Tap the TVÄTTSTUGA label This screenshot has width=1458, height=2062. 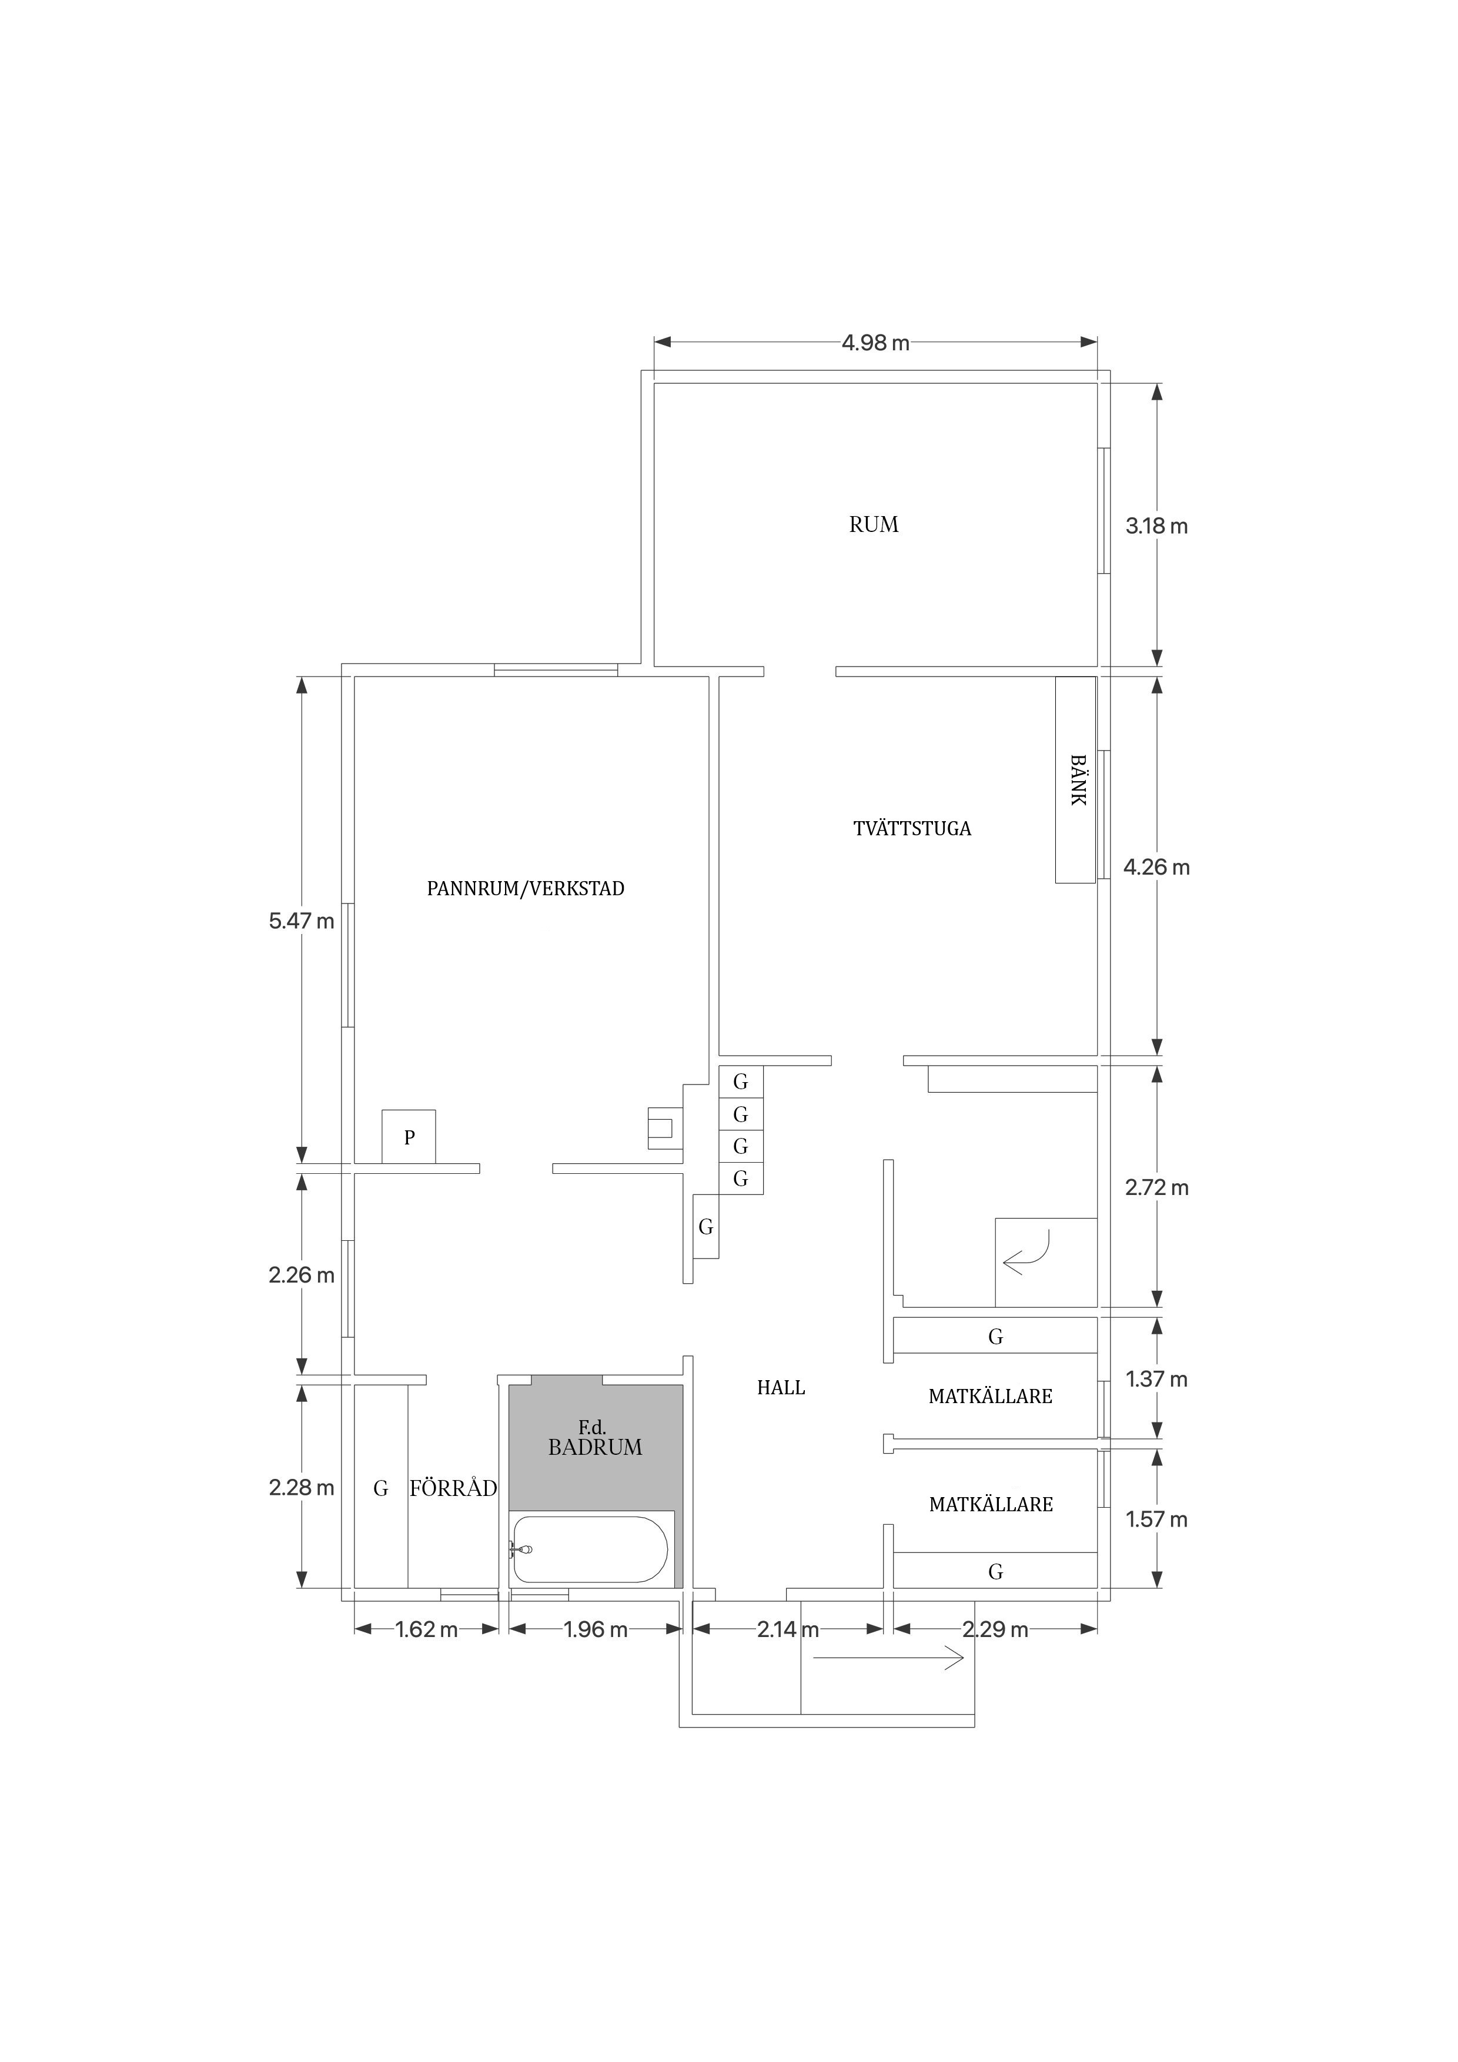[912, 828]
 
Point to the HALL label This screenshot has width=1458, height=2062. [781, 1388]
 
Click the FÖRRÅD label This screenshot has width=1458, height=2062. [454, 1488]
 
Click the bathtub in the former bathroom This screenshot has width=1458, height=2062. [589, 1549]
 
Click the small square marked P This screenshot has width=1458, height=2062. [409, 1137]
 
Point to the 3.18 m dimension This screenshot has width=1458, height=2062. [1157, 526]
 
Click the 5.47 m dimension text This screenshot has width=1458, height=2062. [301, 920]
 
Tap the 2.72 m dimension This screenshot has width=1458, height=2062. [1157, 1188]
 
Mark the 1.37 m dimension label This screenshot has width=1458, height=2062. [1157, 1380]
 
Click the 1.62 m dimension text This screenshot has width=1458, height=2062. [427, 1630]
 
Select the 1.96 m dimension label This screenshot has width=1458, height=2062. [596, 1630]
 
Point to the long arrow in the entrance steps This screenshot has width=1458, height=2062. [888, 1659]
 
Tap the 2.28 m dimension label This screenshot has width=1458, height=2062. [301, 1488]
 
